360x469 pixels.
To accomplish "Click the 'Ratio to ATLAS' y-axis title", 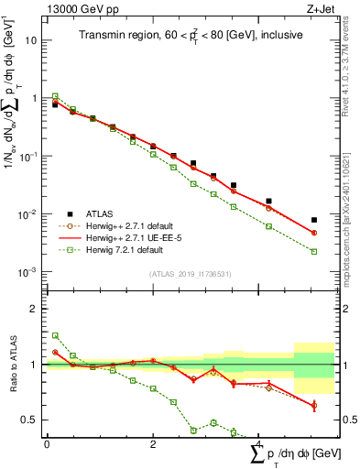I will pos(11,364).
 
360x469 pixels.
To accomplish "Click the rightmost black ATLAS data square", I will pos(313,220).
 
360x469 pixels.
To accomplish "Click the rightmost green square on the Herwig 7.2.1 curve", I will pos(313,251).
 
